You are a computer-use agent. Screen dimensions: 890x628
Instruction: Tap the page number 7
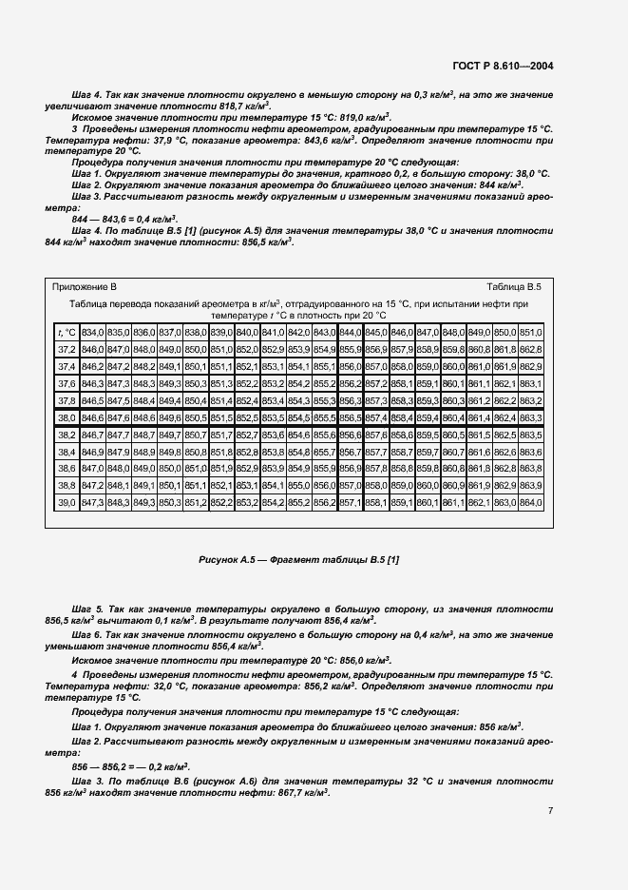point(551,810)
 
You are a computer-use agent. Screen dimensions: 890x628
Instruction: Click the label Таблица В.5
point(513,285)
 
